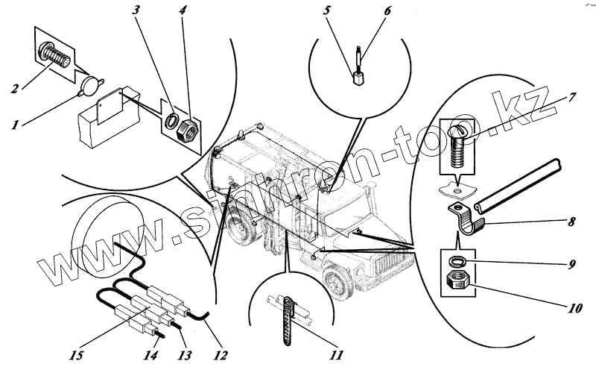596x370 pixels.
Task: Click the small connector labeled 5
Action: (x=358, y=75)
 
